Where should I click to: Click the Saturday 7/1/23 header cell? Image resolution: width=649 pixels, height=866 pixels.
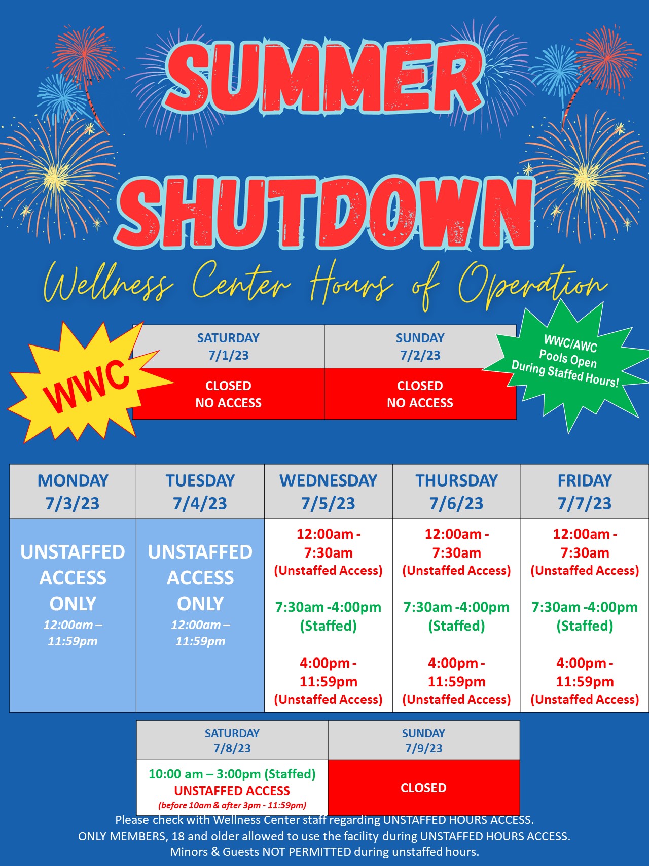coord(228,347)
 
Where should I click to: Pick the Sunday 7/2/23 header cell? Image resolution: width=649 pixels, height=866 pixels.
coord(420,347)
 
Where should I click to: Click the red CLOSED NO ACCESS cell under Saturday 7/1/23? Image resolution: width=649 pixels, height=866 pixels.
coord(228,394)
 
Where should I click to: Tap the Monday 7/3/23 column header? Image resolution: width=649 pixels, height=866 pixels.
coord(73,492)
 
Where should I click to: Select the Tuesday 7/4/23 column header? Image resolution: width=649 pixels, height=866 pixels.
coord(200,492)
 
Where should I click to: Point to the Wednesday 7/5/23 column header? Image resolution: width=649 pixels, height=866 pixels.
coord(329,492)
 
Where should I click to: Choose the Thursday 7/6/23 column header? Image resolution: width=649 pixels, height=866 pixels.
coord(456,492)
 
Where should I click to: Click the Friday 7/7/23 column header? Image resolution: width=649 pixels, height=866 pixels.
coord(585,492)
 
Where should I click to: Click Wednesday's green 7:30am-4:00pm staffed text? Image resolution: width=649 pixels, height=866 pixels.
coord(329,616)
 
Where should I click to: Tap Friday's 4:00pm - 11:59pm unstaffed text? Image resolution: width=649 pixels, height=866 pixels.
coord(585,681)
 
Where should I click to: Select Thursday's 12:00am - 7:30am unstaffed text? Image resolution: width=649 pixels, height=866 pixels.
coord(456,552)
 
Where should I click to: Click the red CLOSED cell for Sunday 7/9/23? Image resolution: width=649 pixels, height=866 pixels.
coord(424,788)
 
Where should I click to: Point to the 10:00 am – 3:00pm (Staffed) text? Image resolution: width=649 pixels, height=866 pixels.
coord(232,774)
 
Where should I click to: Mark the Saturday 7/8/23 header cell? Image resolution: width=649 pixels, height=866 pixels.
coord(232,740)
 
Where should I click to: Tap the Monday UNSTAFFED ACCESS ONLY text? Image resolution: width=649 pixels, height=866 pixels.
coord(73,577)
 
